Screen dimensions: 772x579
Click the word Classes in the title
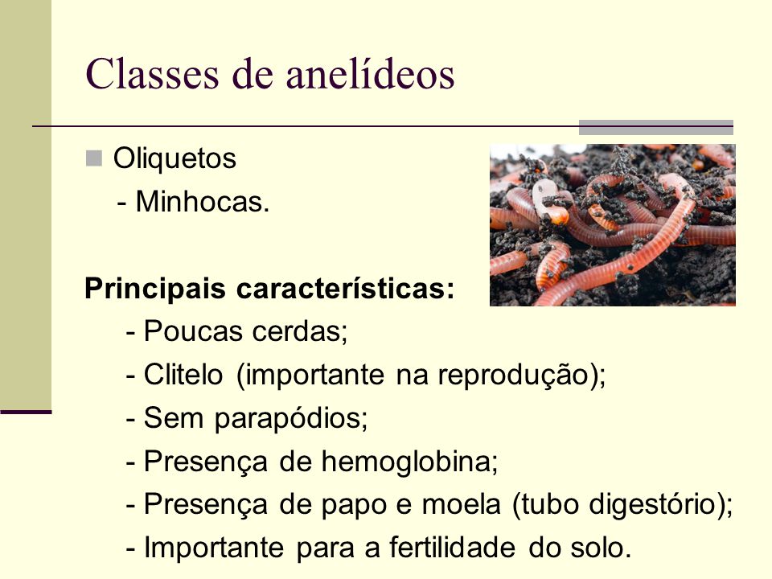(x=152, y=74)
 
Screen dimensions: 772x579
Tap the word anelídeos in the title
(x=370, y=74)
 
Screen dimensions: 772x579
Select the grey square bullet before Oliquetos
(x=93, y=158)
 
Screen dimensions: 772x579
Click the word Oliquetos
(x=175, y=158)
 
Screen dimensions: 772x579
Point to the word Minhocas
(x=203, y=202)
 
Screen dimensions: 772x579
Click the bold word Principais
(x=155, y=289)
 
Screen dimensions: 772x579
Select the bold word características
(x=345, y=288)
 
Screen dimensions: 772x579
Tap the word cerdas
(x=300, y=331)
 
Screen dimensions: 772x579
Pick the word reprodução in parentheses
(x=514, y=376)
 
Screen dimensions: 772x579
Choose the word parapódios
(x=290, y=419)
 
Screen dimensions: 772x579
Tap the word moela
(x=462, y=504)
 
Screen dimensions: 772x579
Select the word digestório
(x=652, y=505)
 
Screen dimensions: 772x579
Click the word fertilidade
(x=453, y=548)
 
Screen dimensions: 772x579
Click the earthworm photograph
(x=613, y=225)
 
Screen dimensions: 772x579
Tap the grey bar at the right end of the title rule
(x=656, y=127)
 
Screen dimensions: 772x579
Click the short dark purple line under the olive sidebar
(x=26, y=412)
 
